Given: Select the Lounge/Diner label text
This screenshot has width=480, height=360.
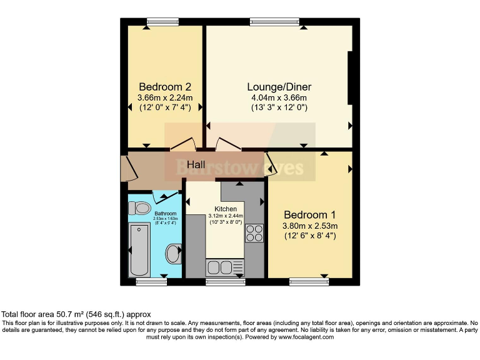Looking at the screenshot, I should click(x=279, y=87).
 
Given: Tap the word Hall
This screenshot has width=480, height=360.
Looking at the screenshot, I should click(x=196, y=164).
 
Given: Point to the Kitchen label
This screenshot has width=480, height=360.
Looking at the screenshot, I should click(x=226, y=209).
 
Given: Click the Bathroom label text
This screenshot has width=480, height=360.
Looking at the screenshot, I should click(x=166, y=214).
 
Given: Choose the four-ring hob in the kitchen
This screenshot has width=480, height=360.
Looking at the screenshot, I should click(x=254, y=233).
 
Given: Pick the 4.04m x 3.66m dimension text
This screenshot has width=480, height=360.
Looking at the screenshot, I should click(x=279, y=97).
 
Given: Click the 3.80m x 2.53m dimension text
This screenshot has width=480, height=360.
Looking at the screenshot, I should click(x=310, y=226).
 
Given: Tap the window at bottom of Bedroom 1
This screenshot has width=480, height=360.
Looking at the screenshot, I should click(x=309, y=282).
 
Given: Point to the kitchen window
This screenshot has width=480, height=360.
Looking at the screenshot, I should click(x=226, y=282).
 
